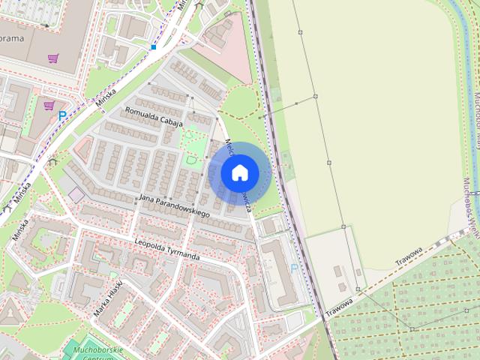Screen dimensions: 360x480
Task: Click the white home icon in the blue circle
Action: pos(240,172)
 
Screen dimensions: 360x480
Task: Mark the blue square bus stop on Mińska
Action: pos(153,47)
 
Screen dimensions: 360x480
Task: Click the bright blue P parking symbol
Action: pos(62,115)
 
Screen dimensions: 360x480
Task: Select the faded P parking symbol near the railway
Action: pos(293,267)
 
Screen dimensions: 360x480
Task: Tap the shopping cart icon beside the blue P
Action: pos(49,106)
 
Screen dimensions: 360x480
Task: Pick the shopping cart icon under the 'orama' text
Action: pos(53,58)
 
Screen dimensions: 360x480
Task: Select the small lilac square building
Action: pos(76,195)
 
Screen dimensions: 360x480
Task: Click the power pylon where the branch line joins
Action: pos(316,96)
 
